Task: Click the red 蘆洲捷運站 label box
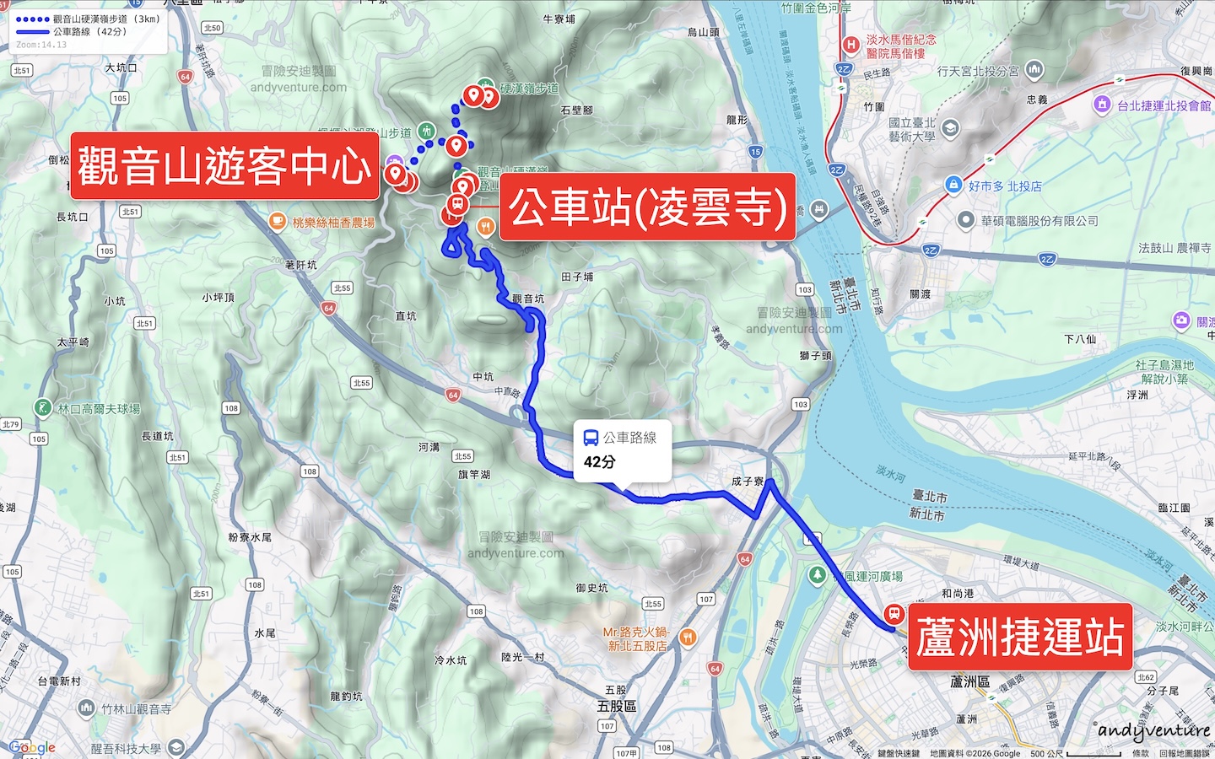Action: pos(1019,637)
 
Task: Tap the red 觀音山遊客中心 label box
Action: pos(224,165)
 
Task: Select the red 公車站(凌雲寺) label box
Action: pos(647,207)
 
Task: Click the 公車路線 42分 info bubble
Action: pos(622,450)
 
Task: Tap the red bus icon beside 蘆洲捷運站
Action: pos(894,614)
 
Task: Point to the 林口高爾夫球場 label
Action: pos(99,409)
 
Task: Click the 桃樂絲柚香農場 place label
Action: pos(332,223)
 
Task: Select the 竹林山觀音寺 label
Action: pos(137,709)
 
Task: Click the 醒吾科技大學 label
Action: pos(126,748)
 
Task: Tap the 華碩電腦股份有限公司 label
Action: pos(1039,221)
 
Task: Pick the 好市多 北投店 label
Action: pos(1004,186)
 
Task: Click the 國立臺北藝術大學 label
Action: pos(911,129)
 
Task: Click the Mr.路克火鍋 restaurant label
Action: pos(637,638)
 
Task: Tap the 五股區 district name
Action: pos(617,706)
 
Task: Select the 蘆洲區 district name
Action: pos(969,681)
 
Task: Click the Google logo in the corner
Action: pos(32,747)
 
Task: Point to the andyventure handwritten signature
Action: pos(1153,730)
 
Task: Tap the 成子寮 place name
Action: pos(747,482)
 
